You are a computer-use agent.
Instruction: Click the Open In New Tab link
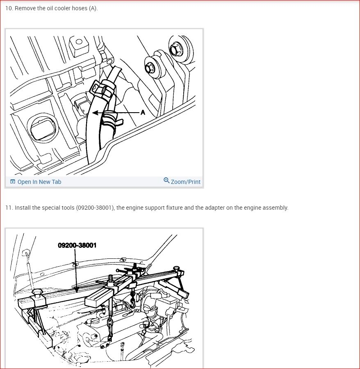click(x=39, y=182)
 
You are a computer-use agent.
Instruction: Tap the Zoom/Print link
click(x=185, y=182)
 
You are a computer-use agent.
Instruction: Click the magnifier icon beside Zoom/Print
click(x=166, y=180)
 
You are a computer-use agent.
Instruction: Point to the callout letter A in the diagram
click(x=143, y=113)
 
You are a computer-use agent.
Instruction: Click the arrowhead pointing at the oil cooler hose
click(x=95, y=113)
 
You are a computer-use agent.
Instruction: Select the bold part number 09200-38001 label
click(x=77, y=245)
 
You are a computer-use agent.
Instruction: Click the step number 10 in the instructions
click(x=9, y=8)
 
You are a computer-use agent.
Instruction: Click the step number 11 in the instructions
click(x=9, y=208)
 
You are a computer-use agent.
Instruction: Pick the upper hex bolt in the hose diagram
click(x=175, y=50)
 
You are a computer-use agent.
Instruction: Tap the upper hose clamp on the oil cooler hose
click(x=103, y=89)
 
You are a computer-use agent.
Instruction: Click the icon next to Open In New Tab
click(x=13, y=182)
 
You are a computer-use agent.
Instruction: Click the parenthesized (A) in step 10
click(x=93, y=9)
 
